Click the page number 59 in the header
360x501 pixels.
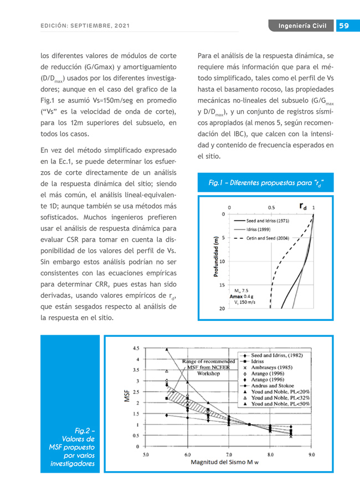(344, 26)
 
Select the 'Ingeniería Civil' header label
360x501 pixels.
(302, 26)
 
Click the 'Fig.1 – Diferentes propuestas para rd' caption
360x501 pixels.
(265, 183)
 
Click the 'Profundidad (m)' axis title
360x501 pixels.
(215, 256)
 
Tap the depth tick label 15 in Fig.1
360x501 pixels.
(222, 285)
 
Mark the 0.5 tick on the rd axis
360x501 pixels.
(271, 207)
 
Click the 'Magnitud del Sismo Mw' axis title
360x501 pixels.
(225, 462)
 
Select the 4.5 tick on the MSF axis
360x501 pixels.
(135, 349)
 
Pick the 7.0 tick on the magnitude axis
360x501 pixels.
(229, 454)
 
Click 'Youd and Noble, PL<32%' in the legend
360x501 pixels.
(280, 398)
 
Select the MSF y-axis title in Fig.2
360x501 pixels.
(126, 395)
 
